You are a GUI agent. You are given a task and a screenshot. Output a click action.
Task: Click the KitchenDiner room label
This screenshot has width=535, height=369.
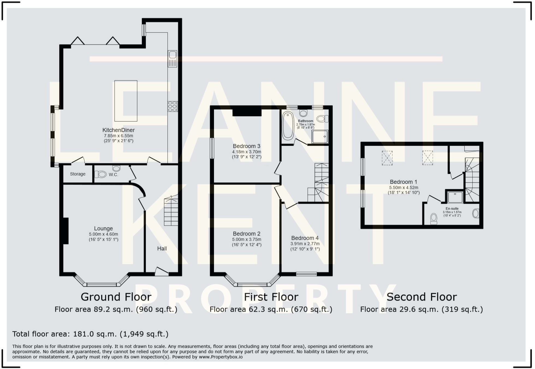(118, 130)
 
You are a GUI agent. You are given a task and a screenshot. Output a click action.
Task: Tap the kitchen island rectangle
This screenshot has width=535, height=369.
(126, 101)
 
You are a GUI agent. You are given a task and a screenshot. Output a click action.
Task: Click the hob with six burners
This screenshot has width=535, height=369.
(173, 106)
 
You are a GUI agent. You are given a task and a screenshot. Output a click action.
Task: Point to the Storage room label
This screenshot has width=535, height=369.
(78, 174)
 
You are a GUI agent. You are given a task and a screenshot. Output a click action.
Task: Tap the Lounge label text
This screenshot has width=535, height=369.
(103, 229)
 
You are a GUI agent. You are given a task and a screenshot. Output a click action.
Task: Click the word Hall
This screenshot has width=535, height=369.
(162, 249)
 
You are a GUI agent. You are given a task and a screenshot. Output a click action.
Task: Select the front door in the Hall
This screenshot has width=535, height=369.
(162, 272)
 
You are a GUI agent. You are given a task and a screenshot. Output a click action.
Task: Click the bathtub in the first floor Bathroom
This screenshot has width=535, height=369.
(288, 126)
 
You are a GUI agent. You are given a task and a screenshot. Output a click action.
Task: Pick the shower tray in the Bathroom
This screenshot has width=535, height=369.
(320, 136)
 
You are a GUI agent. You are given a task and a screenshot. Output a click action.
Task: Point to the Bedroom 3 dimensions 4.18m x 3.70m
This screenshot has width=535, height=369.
(246, 152)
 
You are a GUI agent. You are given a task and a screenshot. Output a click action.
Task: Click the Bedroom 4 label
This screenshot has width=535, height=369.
(305, 238)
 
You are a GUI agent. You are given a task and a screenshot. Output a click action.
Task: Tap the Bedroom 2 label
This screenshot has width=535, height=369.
(246, 234)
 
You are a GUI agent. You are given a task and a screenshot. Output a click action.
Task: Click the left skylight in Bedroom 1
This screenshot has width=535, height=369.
(387, 158)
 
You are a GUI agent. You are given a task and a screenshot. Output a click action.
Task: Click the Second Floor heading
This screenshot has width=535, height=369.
(421, 297)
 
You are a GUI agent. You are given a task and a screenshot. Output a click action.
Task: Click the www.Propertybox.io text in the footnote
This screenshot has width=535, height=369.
(221, 357)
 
